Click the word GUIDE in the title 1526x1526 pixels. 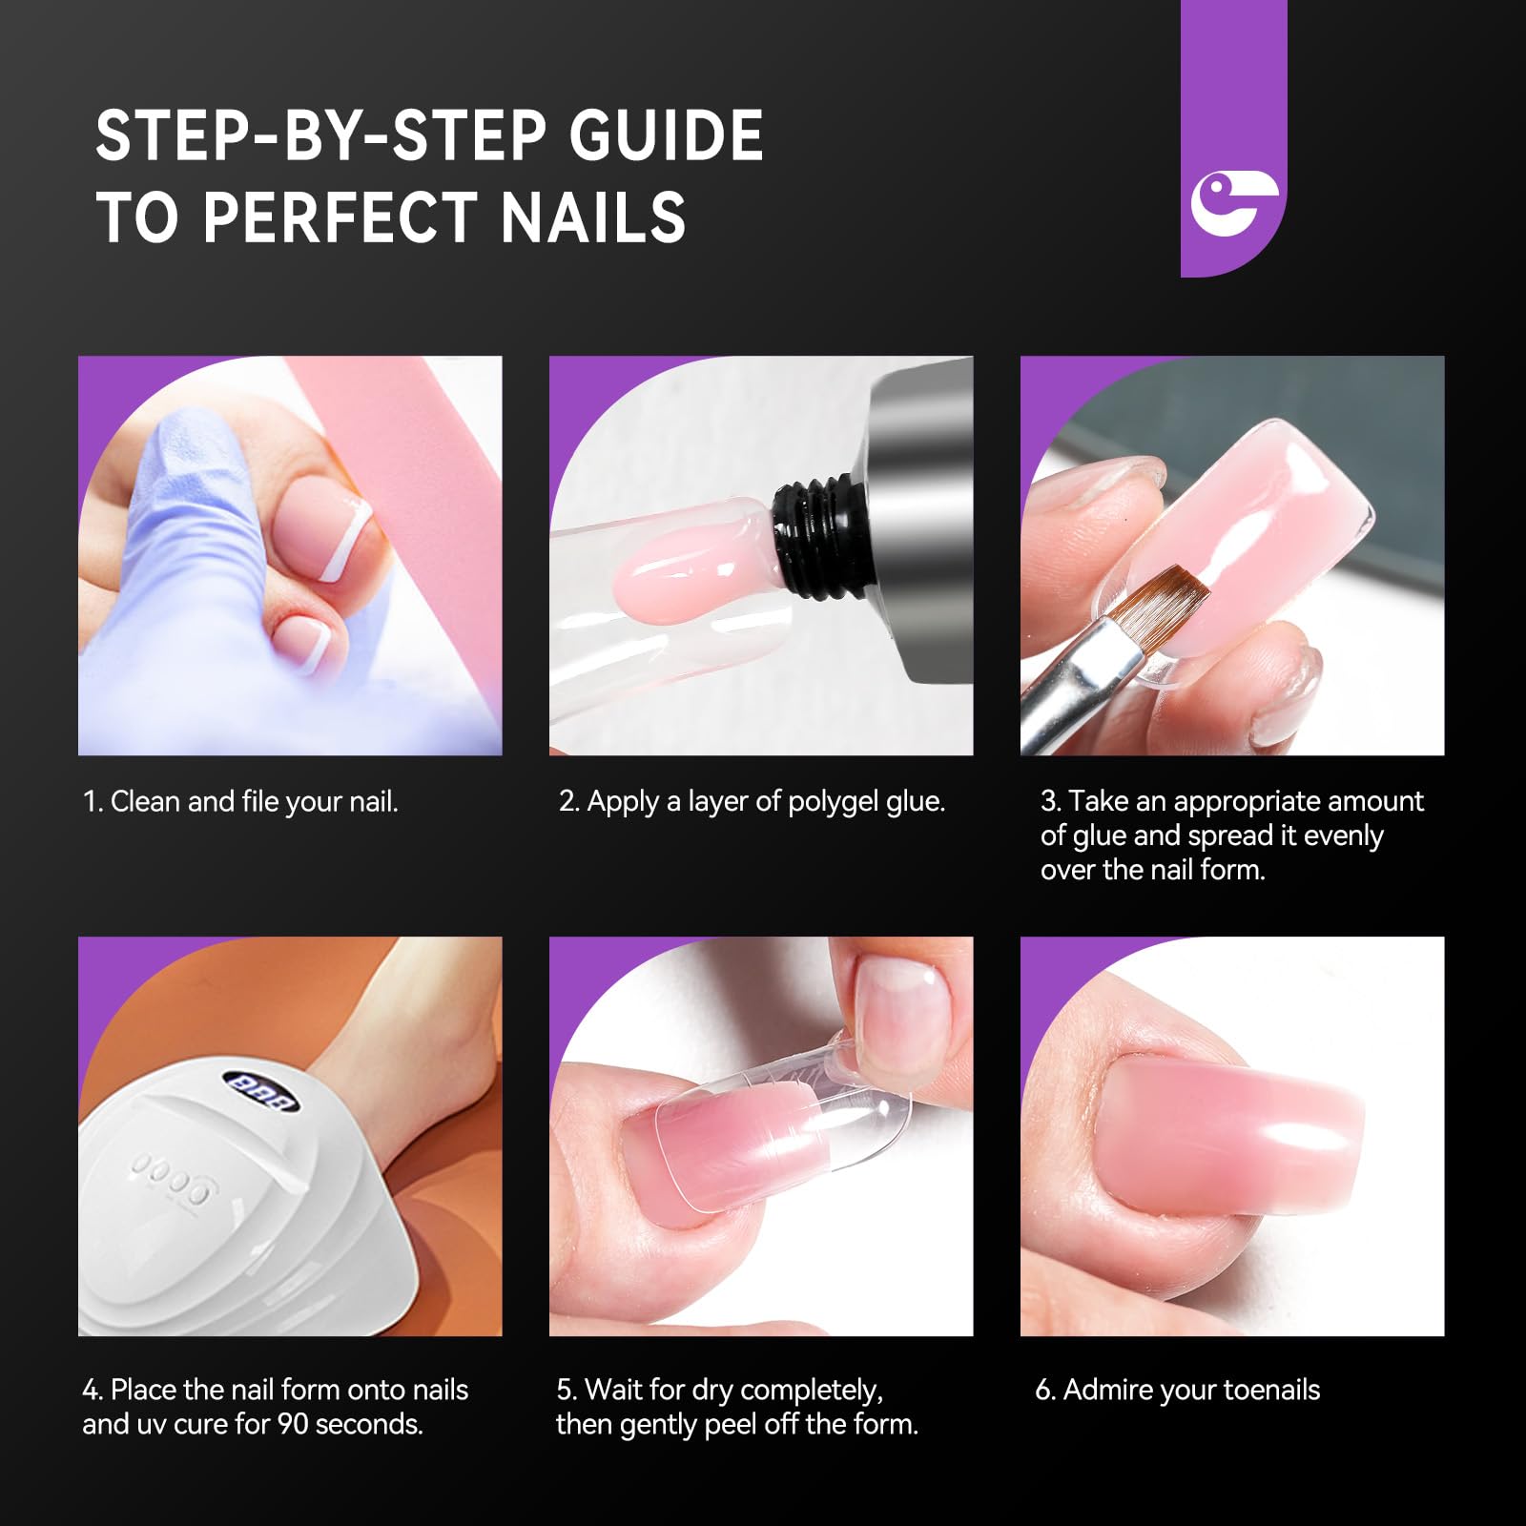666,135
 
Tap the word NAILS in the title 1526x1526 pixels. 592,217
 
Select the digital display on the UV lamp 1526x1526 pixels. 260,1091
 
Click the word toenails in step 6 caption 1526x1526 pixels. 1270,1390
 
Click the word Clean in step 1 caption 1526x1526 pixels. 145,801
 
